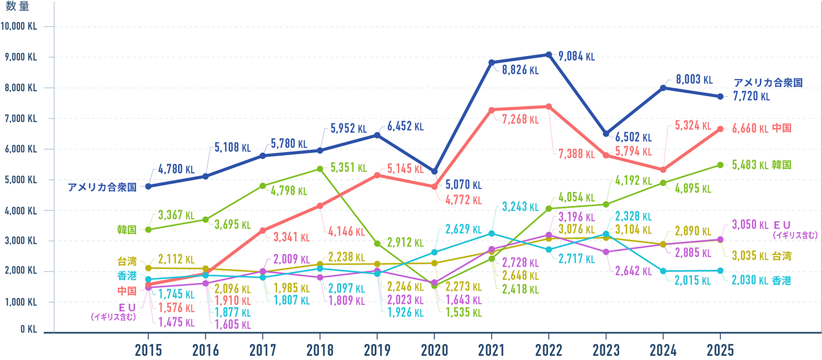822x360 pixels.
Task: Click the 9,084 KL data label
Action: (x=576, y=56)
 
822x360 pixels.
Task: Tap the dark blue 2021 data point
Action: (x=492, y=63)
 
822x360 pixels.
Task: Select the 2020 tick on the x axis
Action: (x=434, y=350)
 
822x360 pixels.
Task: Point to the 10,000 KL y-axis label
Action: (x=19, y=26)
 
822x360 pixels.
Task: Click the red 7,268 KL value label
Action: (x=520, y=120)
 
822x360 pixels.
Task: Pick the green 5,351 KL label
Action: (x=348, y=168)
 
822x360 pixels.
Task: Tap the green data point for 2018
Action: (x=320, y=169)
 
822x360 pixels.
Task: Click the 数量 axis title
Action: (x=17, y=6)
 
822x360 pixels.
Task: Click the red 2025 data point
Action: (x=720, y=129)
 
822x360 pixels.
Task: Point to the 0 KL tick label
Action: (x=29, y=329)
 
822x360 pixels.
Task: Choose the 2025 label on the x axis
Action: (x=720, y=350)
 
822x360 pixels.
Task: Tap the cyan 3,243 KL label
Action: (x=520, y=207)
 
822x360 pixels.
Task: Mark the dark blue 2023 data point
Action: (x=606, y=134)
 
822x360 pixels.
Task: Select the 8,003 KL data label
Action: (x=694, y=80)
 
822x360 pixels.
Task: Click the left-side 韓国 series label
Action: (x=127, y=230)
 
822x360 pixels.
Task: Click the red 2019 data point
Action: (x=377, y=176)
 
